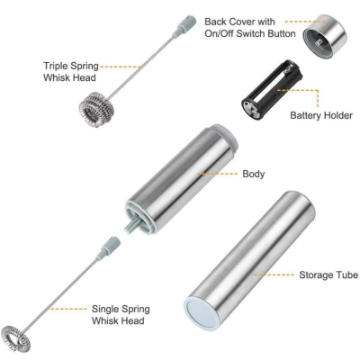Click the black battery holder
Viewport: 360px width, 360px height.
pos(272,89)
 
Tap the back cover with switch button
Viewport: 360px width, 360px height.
pos(325,36)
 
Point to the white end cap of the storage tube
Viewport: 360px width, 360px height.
pos(200,313)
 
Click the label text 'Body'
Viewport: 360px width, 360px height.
pos(253,174)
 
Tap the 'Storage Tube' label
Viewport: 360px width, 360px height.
pos(328,274)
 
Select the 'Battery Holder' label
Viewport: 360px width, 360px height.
pos(321,115)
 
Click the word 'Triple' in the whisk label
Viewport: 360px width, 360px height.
pos(56,67)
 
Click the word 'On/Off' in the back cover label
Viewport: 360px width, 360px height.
pos(220,33)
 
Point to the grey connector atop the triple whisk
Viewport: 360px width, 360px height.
pos(184,25)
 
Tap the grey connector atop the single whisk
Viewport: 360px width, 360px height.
pos(109,247)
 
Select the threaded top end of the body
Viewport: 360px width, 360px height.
pos(224,137)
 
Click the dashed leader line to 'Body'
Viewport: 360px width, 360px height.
pos(217,174)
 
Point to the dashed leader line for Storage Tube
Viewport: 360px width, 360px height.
pos(274,274)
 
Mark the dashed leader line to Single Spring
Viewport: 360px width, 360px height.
pos(67,309)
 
